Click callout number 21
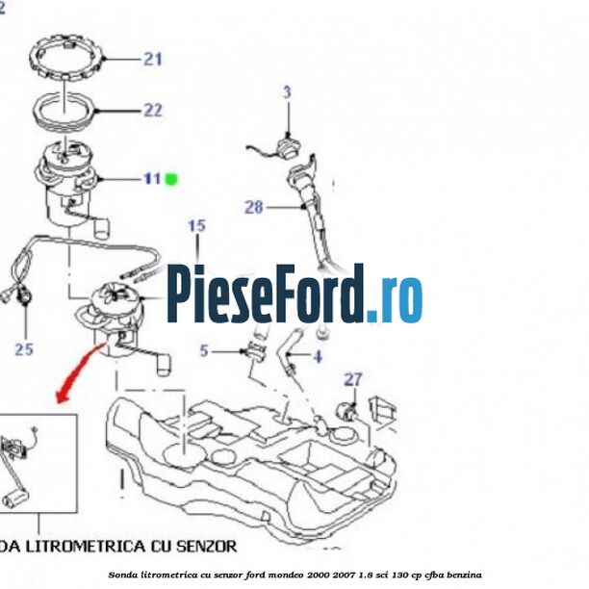pos(152,60)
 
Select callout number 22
pos(152,110)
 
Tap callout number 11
pos(152,178)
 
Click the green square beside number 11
pos(172,178)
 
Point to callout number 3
pos(286,92)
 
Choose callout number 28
pos(253,206)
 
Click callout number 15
pos(196,226)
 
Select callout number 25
pos(24,348)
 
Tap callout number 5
pos(204,351)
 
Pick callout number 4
pos(317,357)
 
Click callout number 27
pos(353,379)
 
